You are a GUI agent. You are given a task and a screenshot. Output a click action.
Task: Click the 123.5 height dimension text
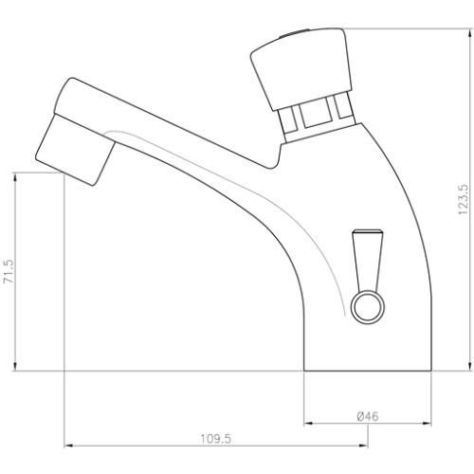(x=463, y=200)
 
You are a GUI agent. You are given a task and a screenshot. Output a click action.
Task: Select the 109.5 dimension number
(x=216, y=438)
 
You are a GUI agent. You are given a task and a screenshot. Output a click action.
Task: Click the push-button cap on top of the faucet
(x=298, y=71)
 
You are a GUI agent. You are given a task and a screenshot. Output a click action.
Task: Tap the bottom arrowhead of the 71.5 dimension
(x=18, y=366)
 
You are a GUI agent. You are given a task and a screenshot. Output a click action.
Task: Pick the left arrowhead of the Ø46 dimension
(x=307, y=422)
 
